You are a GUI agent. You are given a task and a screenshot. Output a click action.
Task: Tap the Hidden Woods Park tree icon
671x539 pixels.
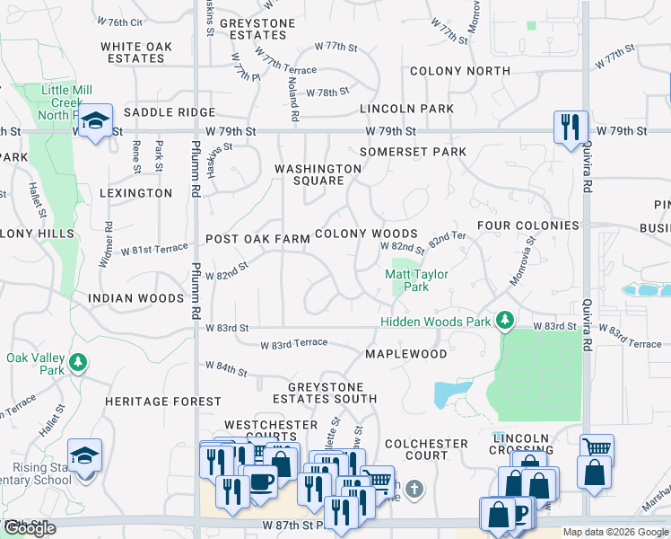506,320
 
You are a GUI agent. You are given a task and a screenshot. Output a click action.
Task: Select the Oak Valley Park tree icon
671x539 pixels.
79,361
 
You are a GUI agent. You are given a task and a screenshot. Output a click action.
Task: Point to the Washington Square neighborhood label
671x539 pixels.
318,174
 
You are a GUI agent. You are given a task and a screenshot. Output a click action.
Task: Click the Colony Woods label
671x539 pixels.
366,234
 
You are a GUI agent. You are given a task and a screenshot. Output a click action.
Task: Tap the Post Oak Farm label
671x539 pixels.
257,239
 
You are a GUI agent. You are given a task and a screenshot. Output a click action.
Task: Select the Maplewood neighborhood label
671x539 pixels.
406,354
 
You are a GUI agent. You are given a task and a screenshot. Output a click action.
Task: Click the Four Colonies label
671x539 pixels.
527,225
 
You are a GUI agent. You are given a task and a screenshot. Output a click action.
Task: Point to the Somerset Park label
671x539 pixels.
413,152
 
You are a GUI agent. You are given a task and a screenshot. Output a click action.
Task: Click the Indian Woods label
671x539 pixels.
135,297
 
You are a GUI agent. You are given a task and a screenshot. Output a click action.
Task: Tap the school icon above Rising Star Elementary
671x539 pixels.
84,455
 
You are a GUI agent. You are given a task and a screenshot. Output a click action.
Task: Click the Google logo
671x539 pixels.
30,528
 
